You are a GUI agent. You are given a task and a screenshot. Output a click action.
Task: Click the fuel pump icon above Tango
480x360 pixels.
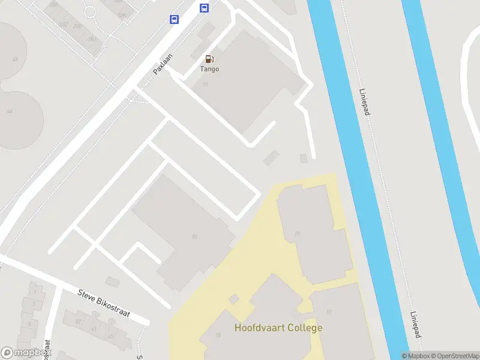click(x=209, y=59)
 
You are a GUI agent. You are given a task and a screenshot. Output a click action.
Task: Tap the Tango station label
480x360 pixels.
click(x=209, y=69)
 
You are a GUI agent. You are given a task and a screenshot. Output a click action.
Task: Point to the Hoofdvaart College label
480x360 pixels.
click(x=278, y=328)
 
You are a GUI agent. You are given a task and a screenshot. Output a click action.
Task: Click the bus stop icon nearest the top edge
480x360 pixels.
click(x=204, y=8)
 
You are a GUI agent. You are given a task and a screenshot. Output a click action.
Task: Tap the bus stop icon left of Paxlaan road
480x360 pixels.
click(x=174, y=19)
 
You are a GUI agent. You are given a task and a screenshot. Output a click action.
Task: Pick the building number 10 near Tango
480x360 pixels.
click(x=205, y=84)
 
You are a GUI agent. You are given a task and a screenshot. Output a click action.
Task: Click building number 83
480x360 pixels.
click(x=194, y=236)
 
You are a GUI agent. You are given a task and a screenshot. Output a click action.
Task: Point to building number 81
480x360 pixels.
click(x=329, y=312)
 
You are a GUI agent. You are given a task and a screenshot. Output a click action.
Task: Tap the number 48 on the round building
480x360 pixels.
click(x=14, y=59)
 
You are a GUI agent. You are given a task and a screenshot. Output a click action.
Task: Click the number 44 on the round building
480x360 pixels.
click(x=10, y=111)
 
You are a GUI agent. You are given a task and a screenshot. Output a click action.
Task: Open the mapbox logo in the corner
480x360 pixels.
click(x=25, y=352)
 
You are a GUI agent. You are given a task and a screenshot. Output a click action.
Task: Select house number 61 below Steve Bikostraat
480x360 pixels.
click(x=94, y=329)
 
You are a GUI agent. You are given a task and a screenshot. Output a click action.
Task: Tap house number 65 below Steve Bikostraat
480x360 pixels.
click(x=110, y=337)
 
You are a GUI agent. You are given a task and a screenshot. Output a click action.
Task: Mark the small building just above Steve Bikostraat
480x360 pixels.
click(x=112, y=281)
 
